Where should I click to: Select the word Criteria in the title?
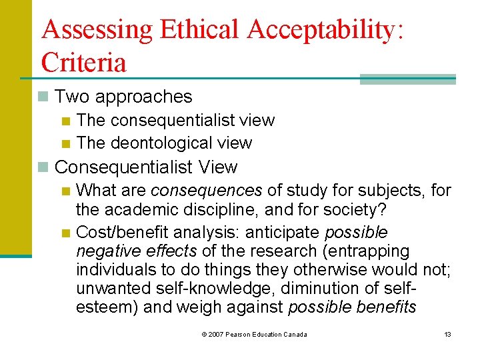(83, 63)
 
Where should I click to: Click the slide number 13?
(447, 334)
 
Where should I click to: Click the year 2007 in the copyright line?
(215, 334)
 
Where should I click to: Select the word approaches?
(143, 97)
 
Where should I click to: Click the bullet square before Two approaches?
(44, 97)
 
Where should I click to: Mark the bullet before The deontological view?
(65, 143)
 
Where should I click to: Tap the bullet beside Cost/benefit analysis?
(65, 233)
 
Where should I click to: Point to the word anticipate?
(281, 233)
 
